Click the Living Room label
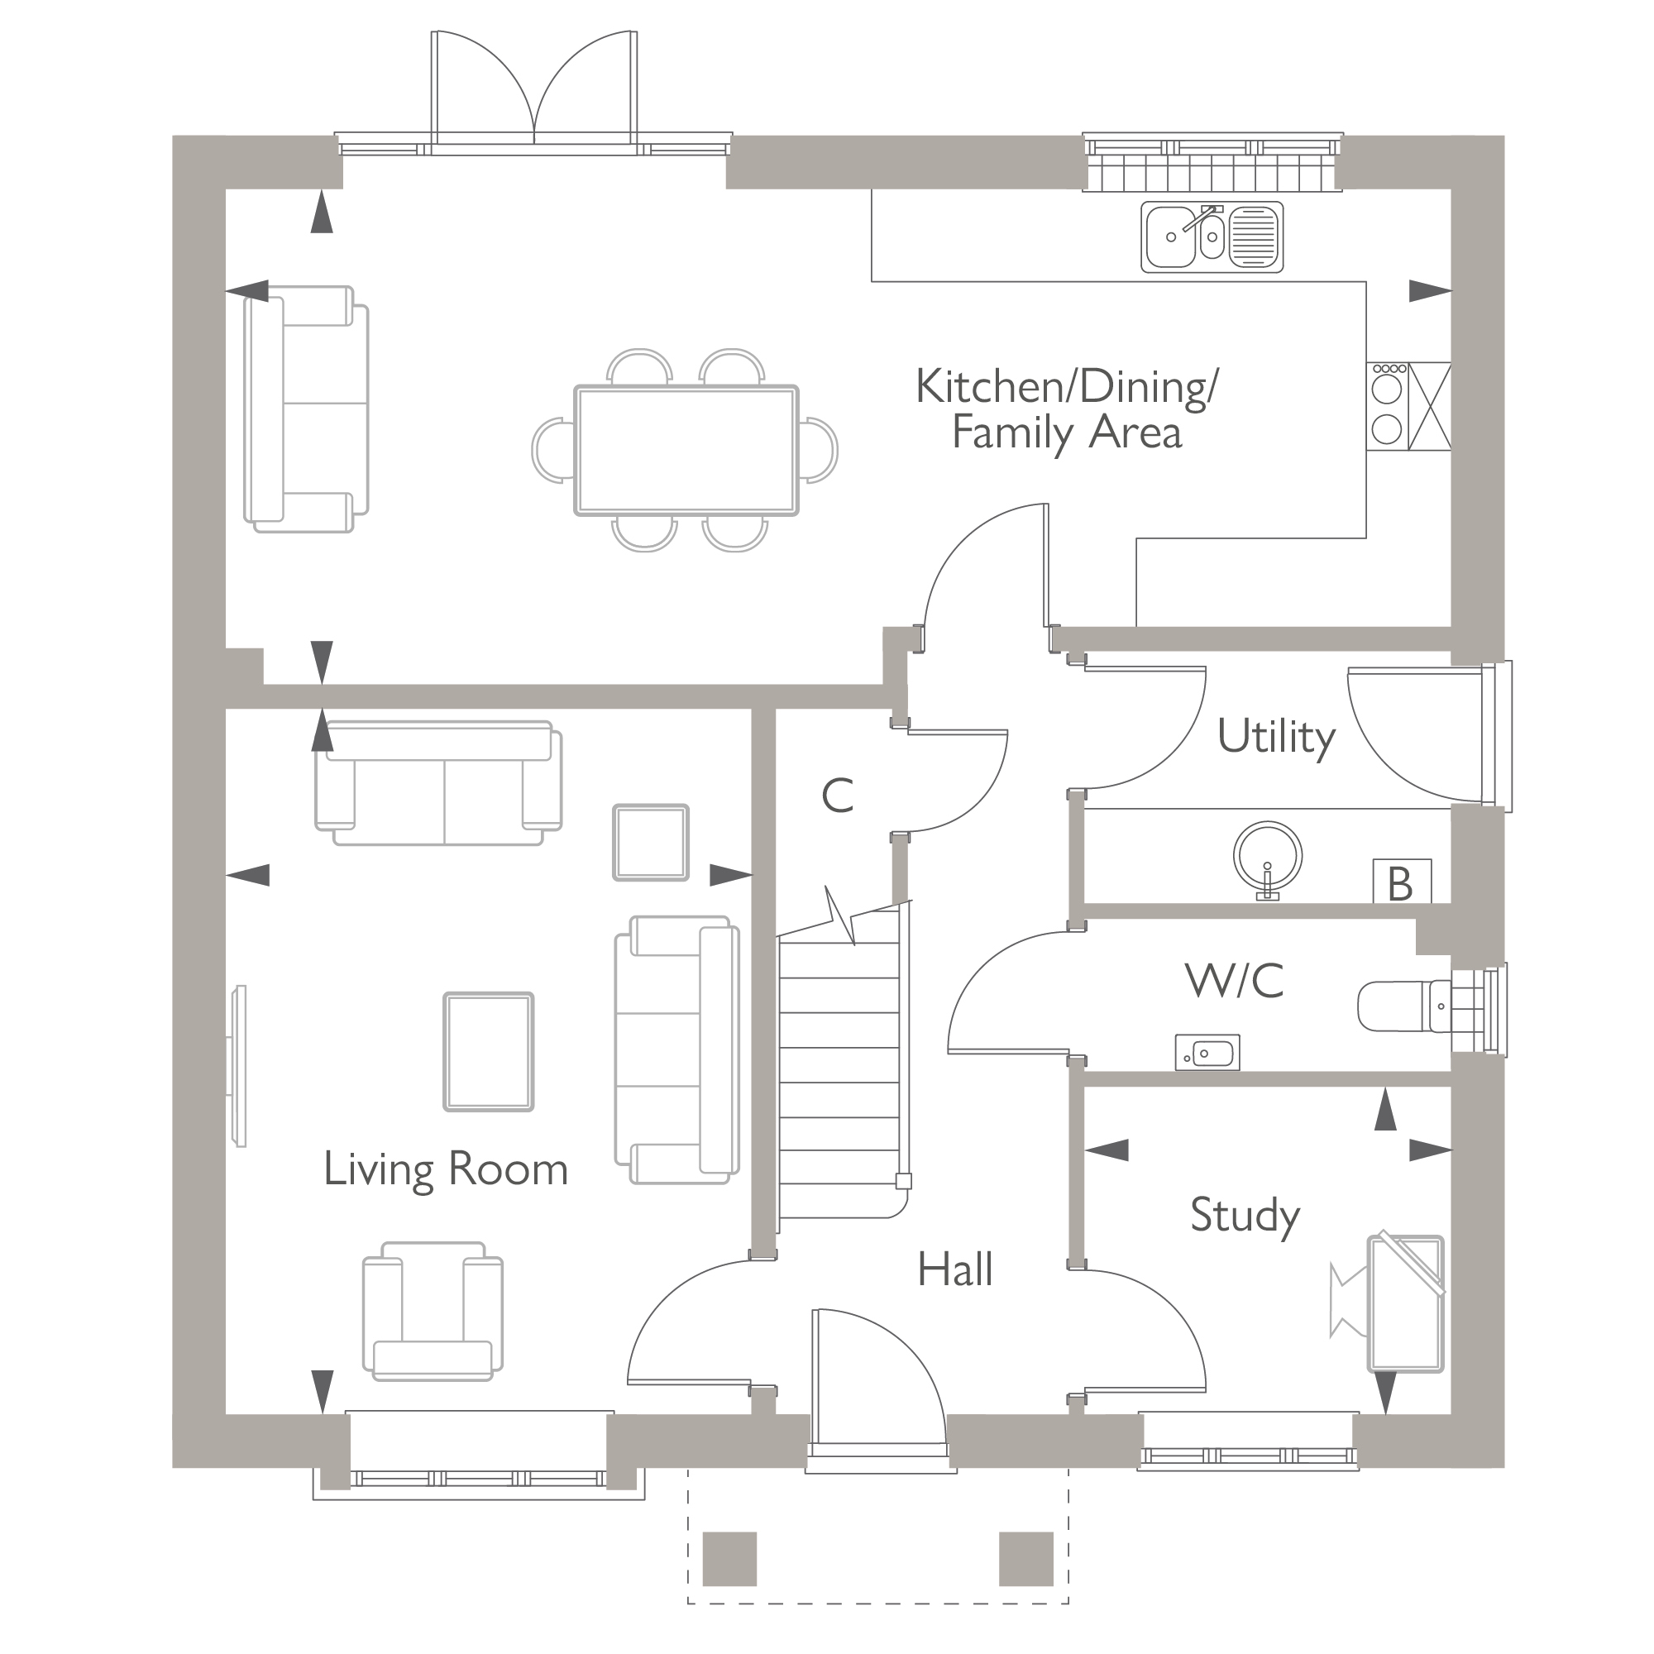pyautogui.click(x=445, y=1169)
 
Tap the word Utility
pyautogui.click(x=1275, y=737)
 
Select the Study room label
pyautogui.click(x=1245, y=1215)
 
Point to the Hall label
pyautogui.click(x=954, y=1269)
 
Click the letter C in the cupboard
pyautogui.click(x=837, y=796)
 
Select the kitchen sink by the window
pyautogui.click(x=1212, y=237)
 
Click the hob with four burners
pyautogui.click(x=1387, y=406)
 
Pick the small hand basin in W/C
pyautogui.click(x=1207, y=1052)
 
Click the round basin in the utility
pyautogui.click(x=1267, y=856)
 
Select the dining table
pyautogui.click(x=686, y=451)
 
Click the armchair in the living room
pyautogui.click(x=433, y=1311)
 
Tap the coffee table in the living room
pyautogui.click(x=488, y=1052)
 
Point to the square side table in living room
pyautogui.click(x=651, y=843)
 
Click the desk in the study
pyautogui.click(x=1406, y=1304)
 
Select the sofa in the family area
pyautogui.click(x=307, y=409)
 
